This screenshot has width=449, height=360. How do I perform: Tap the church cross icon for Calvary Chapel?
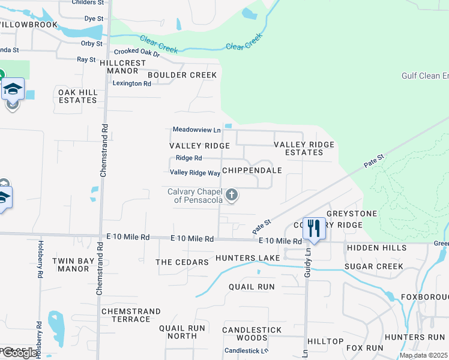pos(232,195)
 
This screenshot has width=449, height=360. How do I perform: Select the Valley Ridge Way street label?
pos(195,173)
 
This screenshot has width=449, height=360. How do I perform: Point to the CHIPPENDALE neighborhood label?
pos(252,170)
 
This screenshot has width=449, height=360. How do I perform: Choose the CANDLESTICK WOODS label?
pos(252,334)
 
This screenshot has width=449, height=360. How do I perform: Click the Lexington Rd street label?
pos(132,83)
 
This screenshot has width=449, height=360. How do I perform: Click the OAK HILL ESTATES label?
pos(77,96)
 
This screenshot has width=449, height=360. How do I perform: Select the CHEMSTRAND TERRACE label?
pos(131,315)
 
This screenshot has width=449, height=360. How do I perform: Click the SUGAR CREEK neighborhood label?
pos(373,266)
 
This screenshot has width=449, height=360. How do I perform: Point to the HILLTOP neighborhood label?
pos(325,341)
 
